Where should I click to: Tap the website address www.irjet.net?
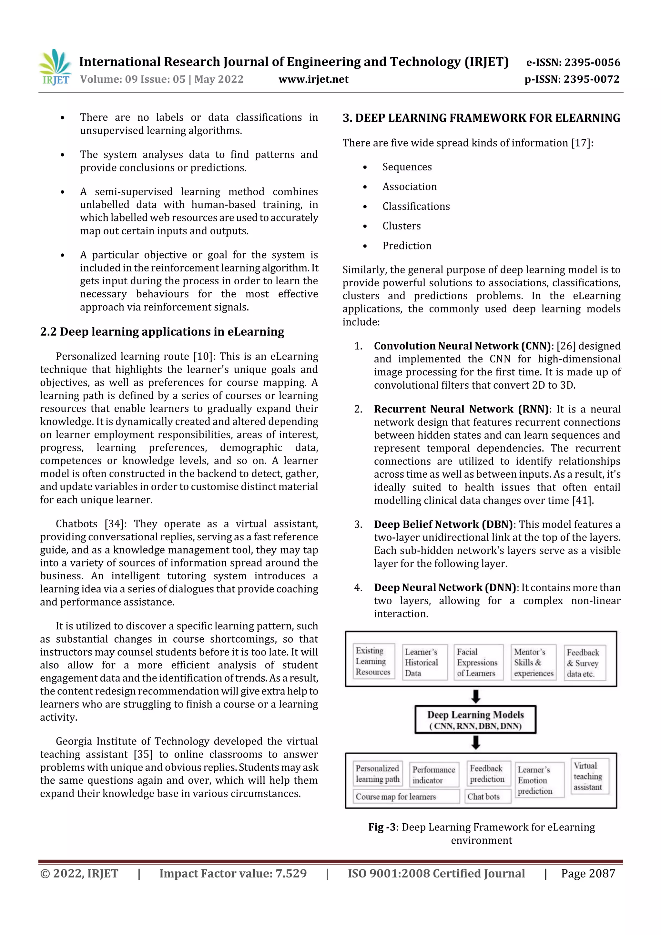(x=313, y=79)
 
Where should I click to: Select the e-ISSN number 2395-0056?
(x=573, y=62)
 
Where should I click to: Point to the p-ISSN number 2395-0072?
(x=572, y=79)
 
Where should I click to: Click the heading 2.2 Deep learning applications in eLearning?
(x=162, y=331)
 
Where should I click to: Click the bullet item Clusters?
(x=401, y=226)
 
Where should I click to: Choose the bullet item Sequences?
(x=407, y=167)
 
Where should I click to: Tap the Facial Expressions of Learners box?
(x=477, y=663)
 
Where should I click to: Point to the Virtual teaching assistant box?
(x=588, y=776)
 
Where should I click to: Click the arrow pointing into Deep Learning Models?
(x=475, y=696)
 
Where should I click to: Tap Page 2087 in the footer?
(x=588, y=873)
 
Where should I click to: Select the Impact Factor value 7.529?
(x=233, y=873)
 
